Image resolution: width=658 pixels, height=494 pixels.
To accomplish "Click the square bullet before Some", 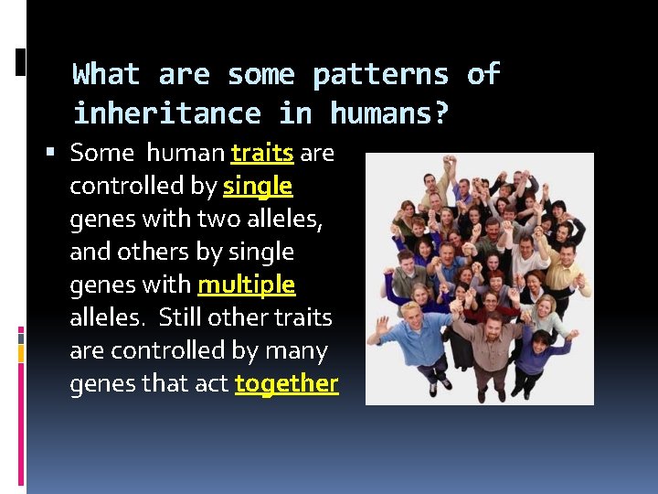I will pyautogui.click(x=58, y=152).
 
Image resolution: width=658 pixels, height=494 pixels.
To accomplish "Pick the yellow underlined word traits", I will pyautogui.click(x=262, y=153).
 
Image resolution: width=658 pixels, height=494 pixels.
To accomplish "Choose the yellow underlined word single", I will pyautogui.click(x=258, y=186).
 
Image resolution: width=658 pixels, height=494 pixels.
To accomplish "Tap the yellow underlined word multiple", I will pyautogui.click(x=247, y=285).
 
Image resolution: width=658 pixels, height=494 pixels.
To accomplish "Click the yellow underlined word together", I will pyautogui.click(x=286, y=383).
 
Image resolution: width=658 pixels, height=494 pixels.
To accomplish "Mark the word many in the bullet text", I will pyautogui.click(x=295, y=350).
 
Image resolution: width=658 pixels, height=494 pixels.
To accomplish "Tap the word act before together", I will pyautogui.click(x=209, y=383).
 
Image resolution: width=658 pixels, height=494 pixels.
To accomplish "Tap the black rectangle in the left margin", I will pyautogui.click(x=21, y=61).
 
